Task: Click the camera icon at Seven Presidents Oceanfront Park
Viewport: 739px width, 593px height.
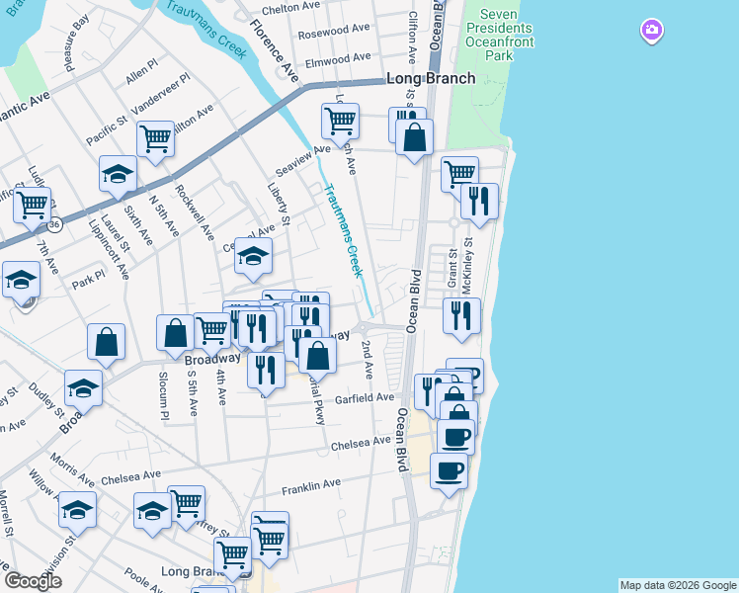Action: [x=651, y=31]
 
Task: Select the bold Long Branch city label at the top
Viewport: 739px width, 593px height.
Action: [x=430, y=78]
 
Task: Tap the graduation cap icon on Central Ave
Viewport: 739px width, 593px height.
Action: [x=253, y=257]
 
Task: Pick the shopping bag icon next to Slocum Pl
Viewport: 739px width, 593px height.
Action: [x=175, y=333]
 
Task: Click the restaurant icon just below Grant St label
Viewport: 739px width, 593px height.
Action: [x=461, y=316]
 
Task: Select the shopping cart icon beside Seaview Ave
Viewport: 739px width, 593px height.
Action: [x=340, y=122]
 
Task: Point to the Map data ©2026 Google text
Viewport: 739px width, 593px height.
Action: [x=678, y=585]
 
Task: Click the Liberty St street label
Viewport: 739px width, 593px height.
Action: [x=278, y=202]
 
